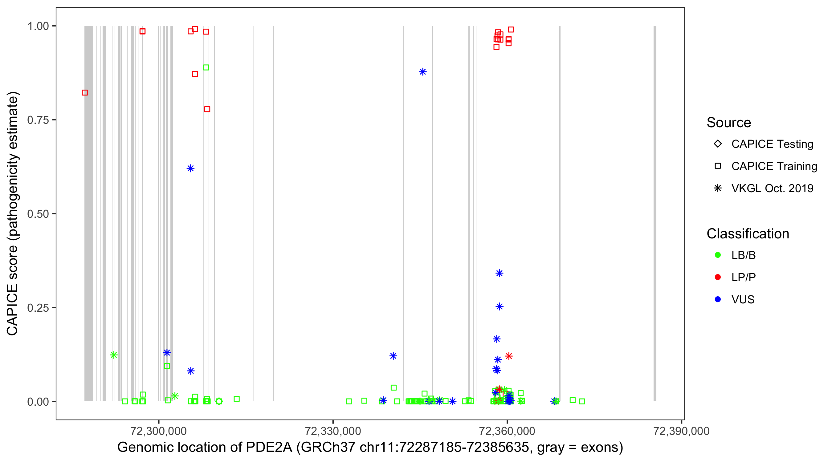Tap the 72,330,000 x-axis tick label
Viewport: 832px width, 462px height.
click(x=333, y=431)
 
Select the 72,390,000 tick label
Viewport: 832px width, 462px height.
click(x=681, y=431)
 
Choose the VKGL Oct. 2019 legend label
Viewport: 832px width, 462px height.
click(x=772, y=188)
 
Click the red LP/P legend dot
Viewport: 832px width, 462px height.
click(x=718, y=277)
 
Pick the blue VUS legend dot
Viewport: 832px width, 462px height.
click(x=718, y=299)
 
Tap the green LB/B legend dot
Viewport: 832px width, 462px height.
click(x=718, y=255)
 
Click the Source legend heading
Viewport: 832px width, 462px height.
click(x=729, y=123)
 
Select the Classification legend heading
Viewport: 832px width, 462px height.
click(x=748, y=234)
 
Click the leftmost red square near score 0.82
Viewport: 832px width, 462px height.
click(x=85, y=93)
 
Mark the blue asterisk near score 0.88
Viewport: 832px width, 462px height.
click(x=422, y=72)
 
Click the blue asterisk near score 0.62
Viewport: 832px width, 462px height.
click(x=190, y=168)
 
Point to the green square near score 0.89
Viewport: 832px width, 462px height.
click(x=206, y=67)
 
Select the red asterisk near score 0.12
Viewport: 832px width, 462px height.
click(x=509, y=356)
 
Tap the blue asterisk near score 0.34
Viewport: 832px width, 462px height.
click(x=499, y=274)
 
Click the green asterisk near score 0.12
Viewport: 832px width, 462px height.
click(x=114, y=355)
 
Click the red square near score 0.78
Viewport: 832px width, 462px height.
click(x=207, y=109)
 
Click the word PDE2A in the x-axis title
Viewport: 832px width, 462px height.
click(x=269, y=448)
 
